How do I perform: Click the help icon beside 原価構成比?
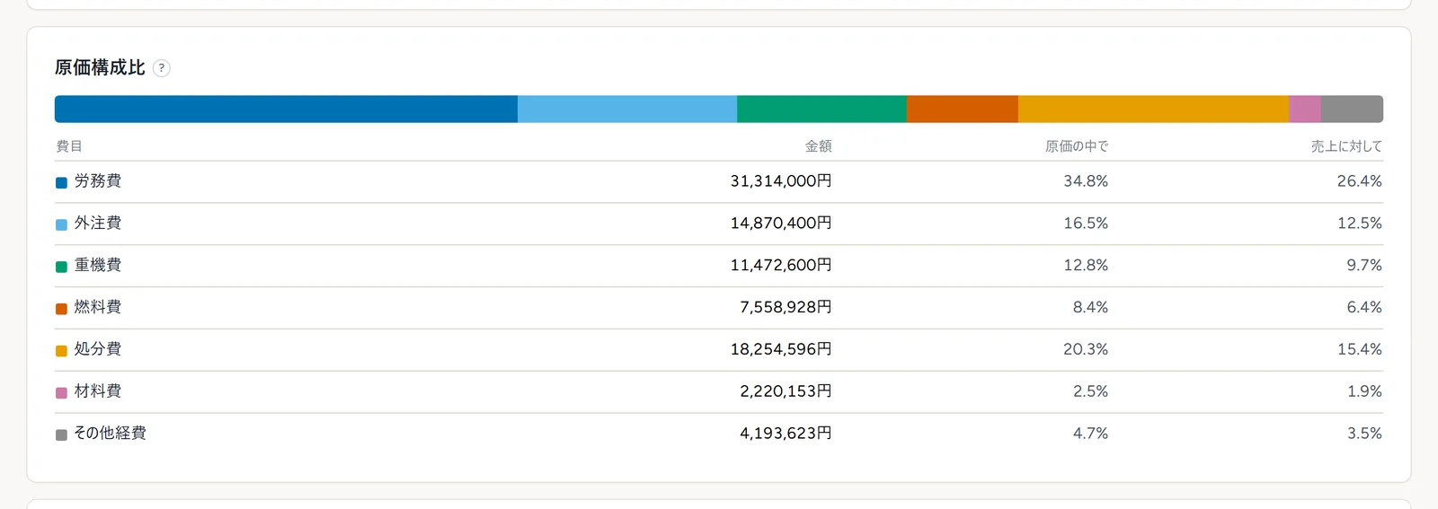pos(162,68)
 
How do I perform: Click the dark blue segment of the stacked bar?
pos(287,109)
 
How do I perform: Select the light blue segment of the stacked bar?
pos(627,109)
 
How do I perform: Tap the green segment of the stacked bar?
pos(821,109)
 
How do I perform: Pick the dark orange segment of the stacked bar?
pos(963,109)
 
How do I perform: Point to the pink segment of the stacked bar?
pos(1305,109)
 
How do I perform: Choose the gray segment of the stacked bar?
pos(1352,109)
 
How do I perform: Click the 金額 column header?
pos(819,146)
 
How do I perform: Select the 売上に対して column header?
pos(1346,146)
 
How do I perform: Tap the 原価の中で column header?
pos(1077,146)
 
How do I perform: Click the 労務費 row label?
pos(98,181)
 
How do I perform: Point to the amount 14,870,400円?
pos(781,224)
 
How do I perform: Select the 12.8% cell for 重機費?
pos(1086,266)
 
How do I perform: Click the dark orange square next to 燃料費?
pos(62,309)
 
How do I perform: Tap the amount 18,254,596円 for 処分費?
pos(781,349)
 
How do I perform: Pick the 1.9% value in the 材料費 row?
pos(1364,391)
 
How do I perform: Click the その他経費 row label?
pos(110,434)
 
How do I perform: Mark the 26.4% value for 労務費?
pos(1360,181)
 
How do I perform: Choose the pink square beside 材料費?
pos(62,393)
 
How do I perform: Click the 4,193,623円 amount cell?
pos(786,434)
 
